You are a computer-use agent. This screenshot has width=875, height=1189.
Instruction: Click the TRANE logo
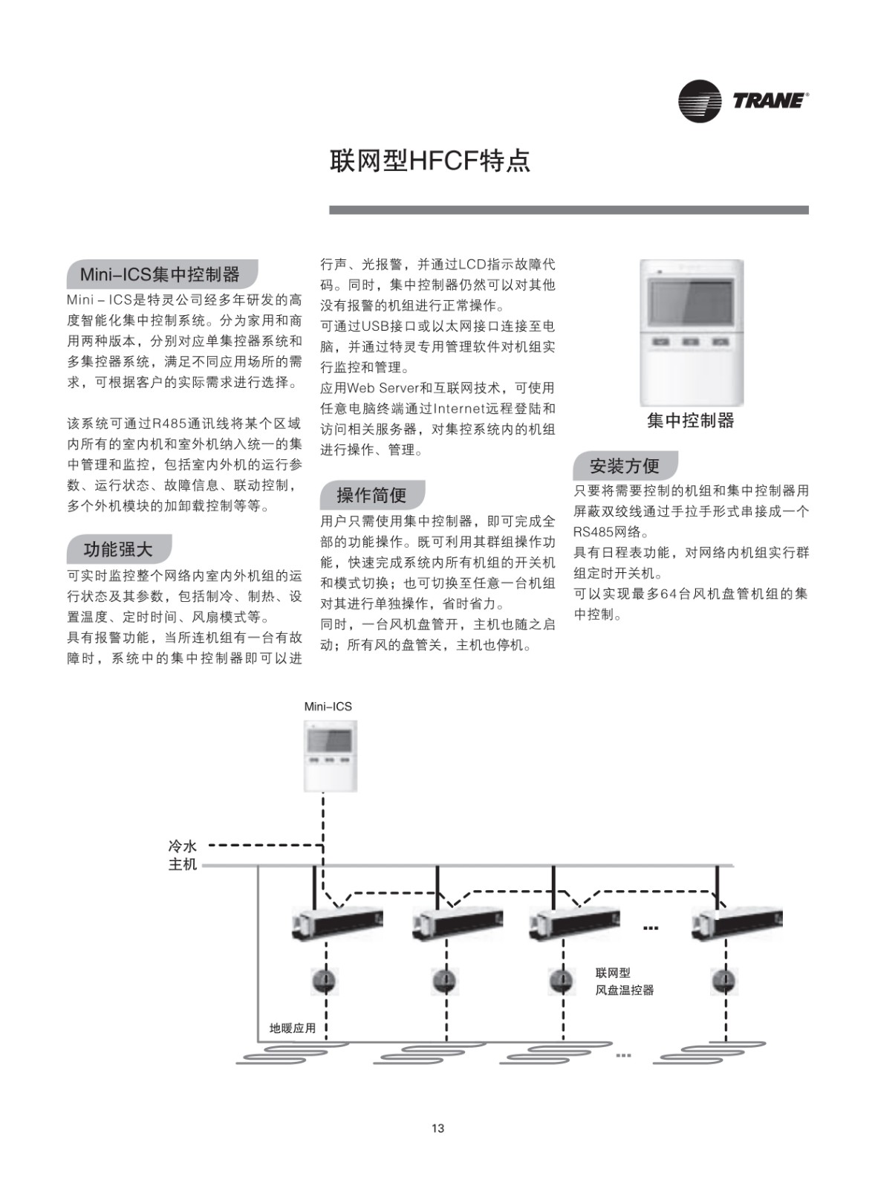point(743,101)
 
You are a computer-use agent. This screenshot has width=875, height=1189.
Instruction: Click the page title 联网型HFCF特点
point(430,161)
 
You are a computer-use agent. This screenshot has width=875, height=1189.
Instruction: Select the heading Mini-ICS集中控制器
point(160,274)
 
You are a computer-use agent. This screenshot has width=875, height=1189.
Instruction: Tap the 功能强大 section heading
point(118,549)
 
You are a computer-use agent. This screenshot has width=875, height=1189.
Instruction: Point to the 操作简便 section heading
point(371,495)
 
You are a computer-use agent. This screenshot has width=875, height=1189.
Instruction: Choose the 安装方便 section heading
point(625,466)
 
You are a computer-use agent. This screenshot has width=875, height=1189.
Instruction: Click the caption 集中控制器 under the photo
point(690,421)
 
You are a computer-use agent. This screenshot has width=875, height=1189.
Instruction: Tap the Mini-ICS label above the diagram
point(328,707)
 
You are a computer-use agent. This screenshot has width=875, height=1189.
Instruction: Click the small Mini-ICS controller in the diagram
point(330,756)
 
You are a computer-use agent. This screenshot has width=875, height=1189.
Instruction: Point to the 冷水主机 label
point(183,855)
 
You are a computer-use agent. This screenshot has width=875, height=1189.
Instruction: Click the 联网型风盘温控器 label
point(625,982)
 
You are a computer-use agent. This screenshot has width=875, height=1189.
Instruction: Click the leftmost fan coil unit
point(337,924)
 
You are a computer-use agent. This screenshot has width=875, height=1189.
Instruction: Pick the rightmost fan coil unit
point(737,924)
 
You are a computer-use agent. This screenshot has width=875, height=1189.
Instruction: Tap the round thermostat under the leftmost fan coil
point(325,981)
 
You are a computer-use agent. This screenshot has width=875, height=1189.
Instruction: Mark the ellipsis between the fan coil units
point(651,928)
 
